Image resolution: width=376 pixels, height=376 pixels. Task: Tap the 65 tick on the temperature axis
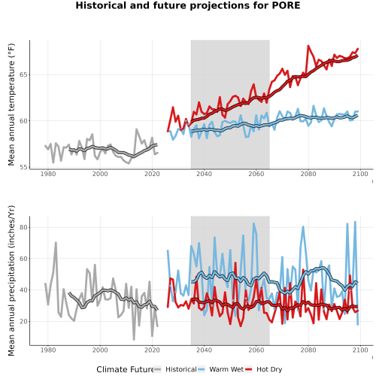point(23,75)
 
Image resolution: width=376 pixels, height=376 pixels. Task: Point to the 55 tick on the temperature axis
point(23,167)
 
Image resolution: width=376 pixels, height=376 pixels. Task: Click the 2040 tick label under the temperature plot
point(204,174)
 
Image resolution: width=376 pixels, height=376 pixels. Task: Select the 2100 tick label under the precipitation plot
point(360,350)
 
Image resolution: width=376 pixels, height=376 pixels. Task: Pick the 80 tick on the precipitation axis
point(23,227)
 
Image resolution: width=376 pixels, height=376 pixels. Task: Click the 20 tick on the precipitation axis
point(23,321)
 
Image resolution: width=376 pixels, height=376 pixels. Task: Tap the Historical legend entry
point(181,369)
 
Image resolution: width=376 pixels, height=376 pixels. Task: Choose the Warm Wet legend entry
point(226,369)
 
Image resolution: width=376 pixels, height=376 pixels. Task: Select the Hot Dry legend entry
point(269,369)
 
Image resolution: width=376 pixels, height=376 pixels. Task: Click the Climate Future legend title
point(125,369)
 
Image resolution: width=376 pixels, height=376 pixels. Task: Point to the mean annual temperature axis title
point(11,105)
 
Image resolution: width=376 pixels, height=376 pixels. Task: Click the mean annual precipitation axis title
point(11,280)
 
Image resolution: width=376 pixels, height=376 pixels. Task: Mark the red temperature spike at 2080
point(308,46)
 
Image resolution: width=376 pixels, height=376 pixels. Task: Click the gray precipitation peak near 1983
point(56,242)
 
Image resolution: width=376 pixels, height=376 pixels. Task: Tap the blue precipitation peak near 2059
point(253,223)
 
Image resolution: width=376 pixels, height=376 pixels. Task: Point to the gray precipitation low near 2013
point(134,340)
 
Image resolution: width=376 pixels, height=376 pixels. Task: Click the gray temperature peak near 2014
point(136,129)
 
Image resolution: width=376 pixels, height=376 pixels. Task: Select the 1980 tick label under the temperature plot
point(48,174)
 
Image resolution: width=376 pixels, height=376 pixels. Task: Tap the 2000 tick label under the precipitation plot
point(100,350)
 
